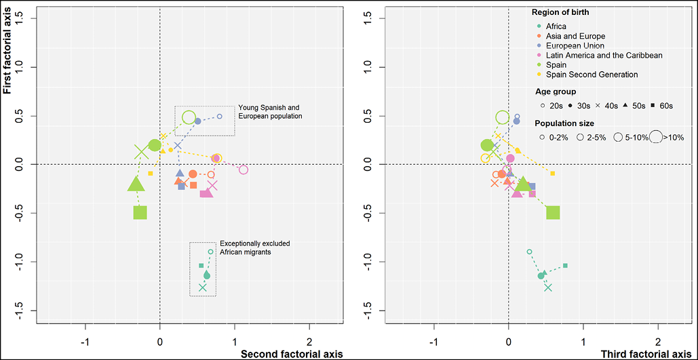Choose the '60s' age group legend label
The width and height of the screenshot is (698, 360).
pyautogui.click(x=665, y=106)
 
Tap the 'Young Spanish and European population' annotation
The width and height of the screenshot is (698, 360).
pyautogui.click(x=269, y=112)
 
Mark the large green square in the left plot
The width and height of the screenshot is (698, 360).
pyautogui.click(x=140, y=212)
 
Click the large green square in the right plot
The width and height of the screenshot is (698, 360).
pyautogui.click(x=553, y=212)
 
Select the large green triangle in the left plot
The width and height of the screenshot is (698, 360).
pyautogui.click(x=136, y=184)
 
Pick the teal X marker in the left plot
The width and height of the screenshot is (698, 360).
pyautogui.click(x=203, y=287)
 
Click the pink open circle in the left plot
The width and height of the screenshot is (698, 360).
pyautogui.click(x=244, y=169)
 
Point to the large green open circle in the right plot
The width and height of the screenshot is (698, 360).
pyautogui.click(x=503, y=117)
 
